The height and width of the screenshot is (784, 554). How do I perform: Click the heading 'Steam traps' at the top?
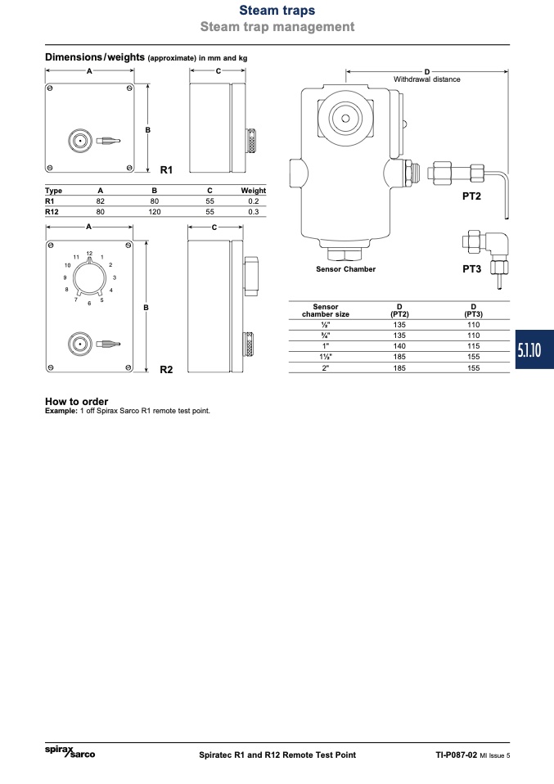pyautogui.click(x=277, y=10)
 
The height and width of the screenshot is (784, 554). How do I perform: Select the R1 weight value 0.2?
pyautogui.click(x=254, y=201)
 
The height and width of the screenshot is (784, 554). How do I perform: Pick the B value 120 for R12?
pyautogui.click(x=155, y=211)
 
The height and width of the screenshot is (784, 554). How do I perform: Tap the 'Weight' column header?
pyautogui.click(x=254, y=191)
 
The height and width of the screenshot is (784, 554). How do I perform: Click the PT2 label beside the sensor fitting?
pyautogui.click(x=471, y=196)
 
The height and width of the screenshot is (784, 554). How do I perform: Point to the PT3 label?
pyautogui.click(x=471, y=269)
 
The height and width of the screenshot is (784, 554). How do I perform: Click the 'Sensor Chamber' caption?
pyautogui.click(x=345, y=269)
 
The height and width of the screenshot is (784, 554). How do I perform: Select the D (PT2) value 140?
pyautogui.click(x=399, y=346)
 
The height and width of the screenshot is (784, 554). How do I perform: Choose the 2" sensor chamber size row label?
pyautogui.click(x=326, y=368)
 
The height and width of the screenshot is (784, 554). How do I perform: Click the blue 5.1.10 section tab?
pyautogui.click(x=534, y=349)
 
